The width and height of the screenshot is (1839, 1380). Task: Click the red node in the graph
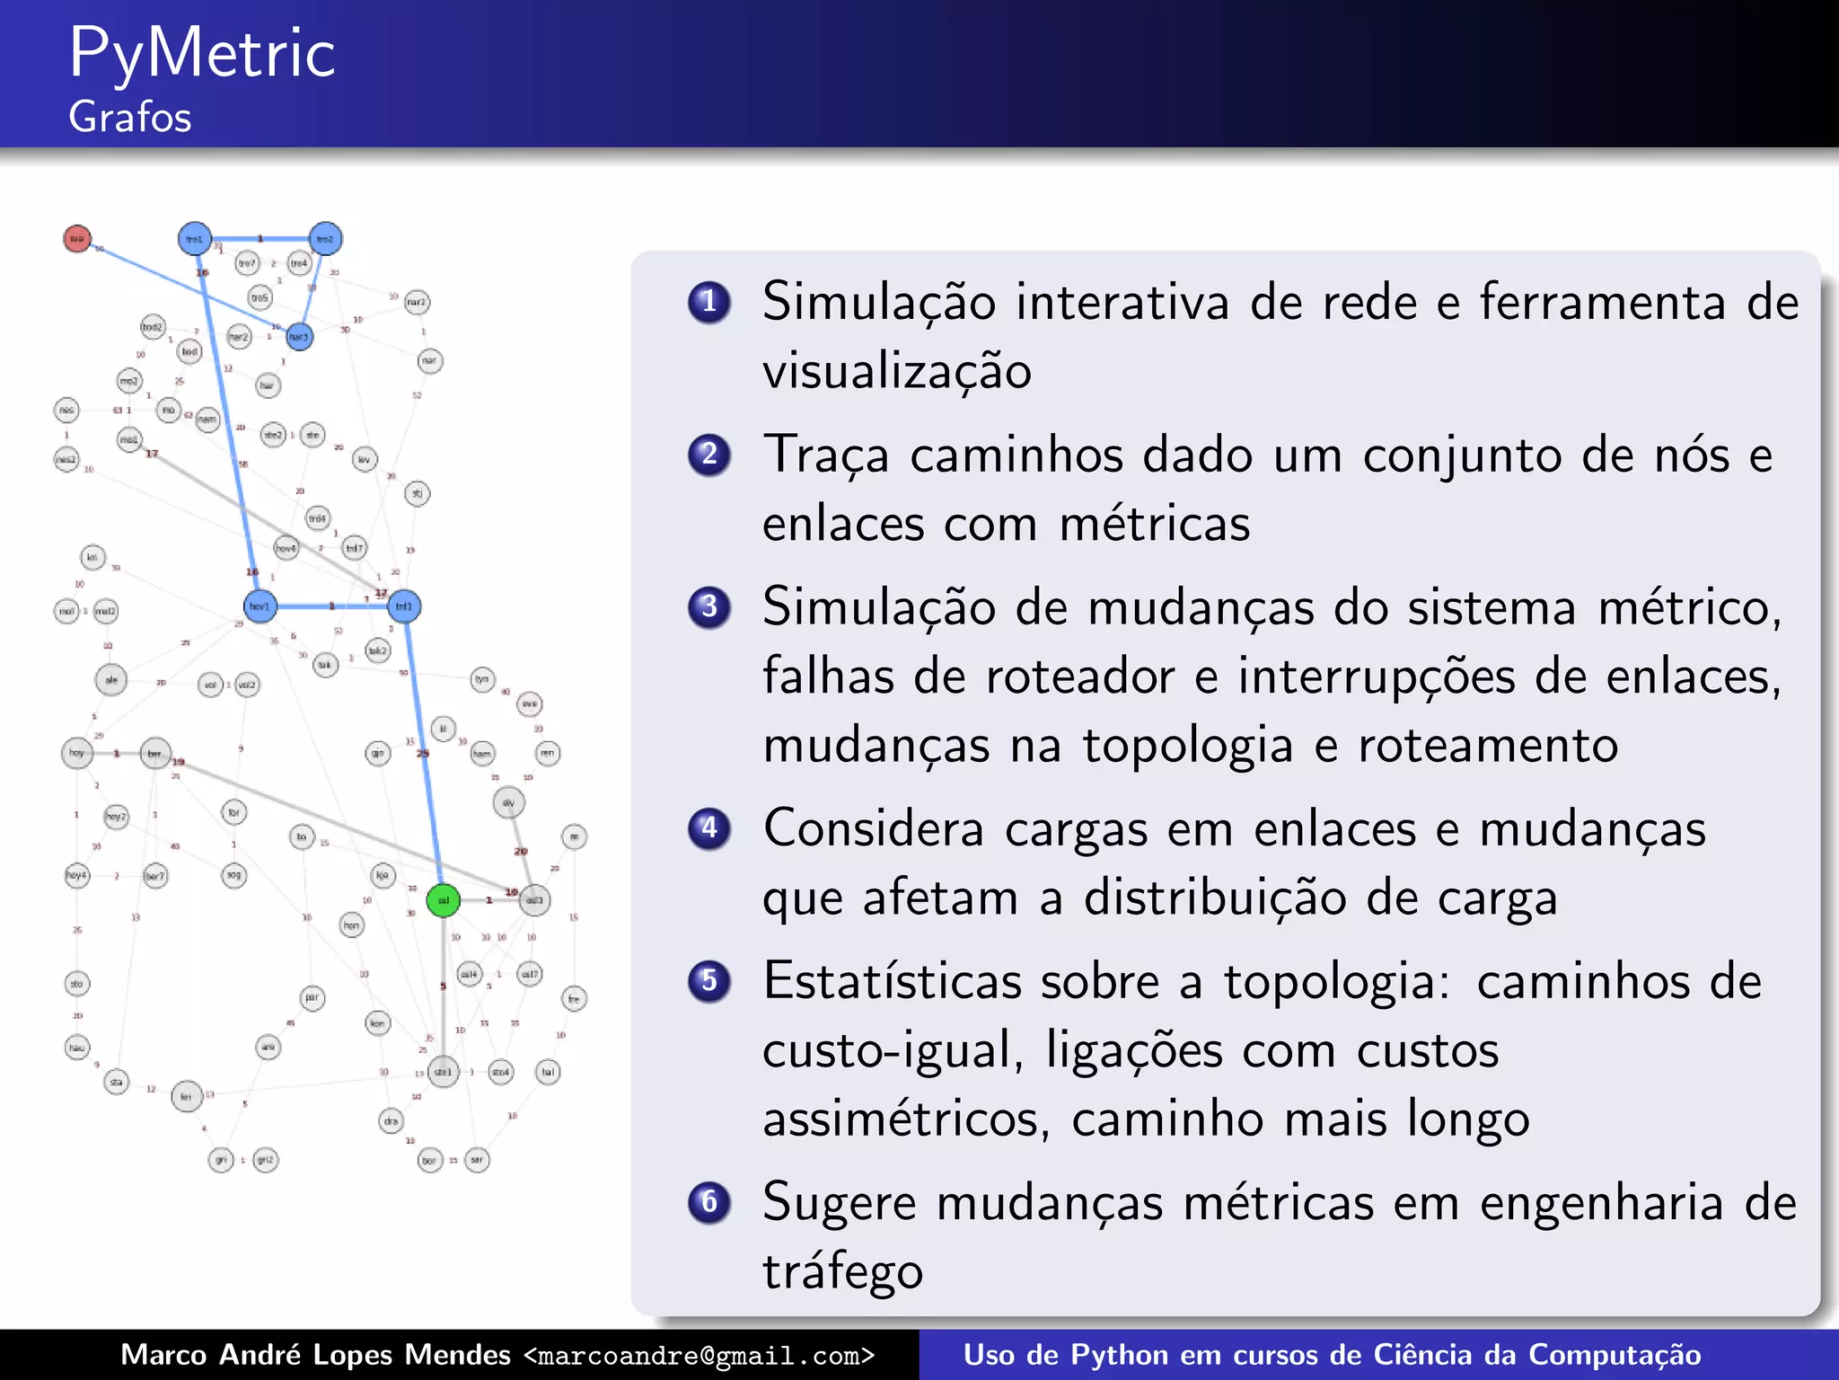[77, 238]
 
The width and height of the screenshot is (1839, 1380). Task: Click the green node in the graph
[443, 900]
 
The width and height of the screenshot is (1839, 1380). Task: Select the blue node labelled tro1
[195, 239]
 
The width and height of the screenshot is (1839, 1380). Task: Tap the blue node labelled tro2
[325, 239]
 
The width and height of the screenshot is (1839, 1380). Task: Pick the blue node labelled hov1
[260, 606]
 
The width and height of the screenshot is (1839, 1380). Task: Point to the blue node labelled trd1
[404, 606]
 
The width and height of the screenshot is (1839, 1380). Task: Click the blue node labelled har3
[299, 337]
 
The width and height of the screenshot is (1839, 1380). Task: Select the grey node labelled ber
[155, 753]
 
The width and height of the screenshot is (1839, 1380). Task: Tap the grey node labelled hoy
[77, 753]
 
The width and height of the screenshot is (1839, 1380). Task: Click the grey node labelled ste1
[444, 1072]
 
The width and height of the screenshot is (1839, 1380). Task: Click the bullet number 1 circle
[709, 302]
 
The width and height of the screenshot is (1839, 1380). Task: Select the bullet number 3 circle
[709, 607]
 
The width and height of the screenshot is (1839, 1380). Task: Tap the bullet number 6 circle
[709, 1201]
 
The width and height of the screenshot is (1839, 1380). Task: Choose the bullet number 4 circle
[709, 827]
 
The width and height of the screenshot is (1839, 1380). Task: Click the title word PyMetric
[202, 54]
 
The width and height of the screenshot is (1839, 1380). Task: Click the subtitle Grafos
[130, 118]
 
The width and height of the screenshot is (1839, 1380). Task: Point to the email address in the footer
[699, 1356]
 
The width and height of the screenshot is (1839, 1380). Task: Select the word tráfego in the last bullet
[842, 1271]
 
